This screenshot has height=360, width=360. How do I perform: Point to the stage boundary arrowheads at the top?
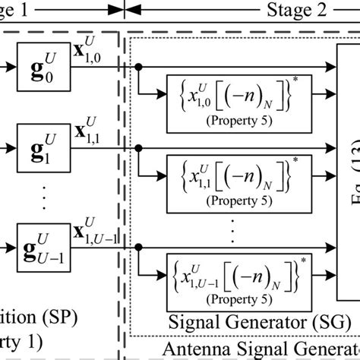point(125,10)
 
